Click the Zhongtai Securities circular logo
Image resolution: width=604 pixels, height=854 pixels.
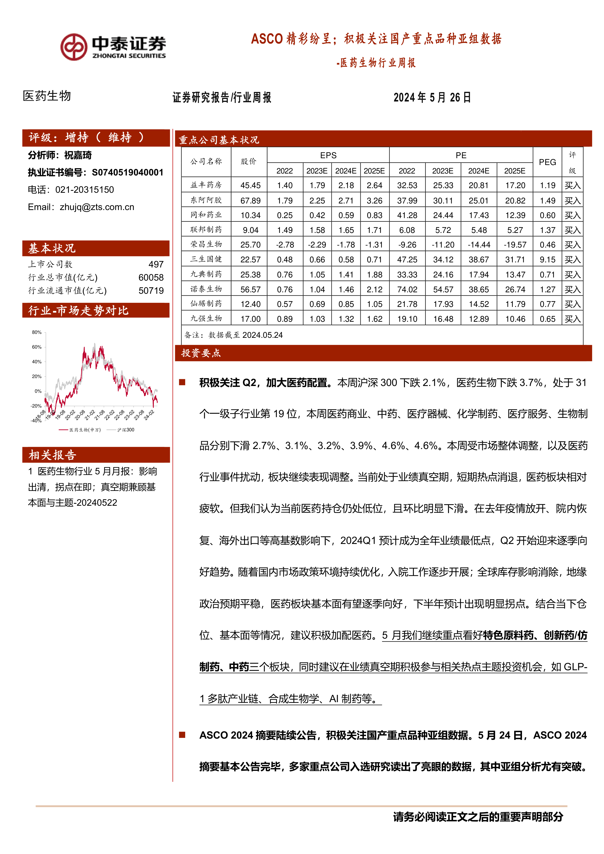(74, 47)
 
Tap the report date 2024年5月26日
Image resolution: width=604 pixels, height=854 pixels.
(432, 97)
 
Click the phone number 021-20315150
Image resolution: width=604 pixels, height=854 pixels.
(84, 190)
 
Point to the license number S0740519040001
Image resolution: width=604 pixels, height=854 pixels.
(128, 172)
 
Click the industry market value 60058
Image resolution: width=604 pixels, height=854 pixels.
(151, 277)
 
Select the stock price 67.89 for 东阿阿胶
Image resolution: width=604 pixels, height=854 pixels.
(250, 201)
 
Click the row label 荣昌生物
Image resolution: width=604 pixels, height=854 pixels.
(206, 244)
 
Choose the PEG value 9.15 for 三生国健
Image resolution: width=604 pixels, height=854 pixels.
(548, 260)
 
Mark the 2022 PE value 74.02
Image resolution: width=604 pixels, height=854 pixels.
(407, 289)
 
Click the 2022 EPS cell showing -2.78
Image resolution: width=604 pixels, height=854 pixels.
(285, 245)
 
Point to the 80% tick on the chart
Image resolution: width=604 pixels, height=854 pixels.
(37, 332)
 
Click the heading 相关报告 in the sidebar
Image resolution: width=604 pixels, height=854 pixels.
(52, 455)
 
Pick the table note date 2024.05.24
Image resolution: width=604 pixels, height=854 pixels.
(263, 335)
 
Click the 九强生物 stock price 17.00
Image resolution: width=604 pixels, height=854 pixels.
(250, 319)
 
